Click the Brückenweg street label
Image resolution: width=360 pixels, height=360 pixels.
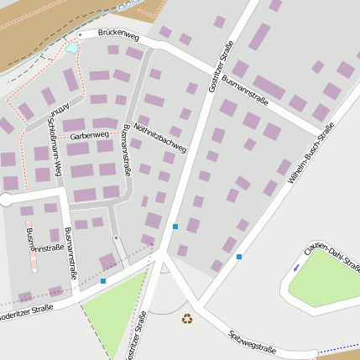point(117,34)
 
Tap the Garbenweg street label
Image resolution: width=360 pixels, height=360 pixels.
point(90,134)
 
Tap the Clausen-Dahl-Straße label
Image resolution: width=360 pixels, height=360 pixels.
point(333,255)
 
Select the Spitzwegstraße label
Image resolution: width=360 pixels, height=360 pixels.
point(253,341)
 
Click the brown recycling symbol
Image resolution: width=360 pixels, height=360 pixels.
point(186,318)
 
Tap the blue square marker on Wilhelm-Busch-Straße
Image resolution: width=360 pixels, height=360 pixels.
point(239,257)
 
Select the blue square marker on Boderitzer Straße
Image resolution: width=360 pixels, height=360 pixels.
point(103,281)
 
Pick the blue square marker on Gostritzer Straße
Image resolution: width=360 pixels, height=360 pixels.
point(175,227)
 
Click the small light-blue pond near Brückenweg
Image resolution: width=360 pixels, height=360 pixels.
point(71,48)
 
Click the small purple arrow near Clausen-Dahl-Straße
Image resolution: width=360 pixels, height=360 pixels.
point(296,268)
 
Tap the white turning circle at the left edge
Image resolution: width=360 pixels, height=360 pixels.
point(6,200)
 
